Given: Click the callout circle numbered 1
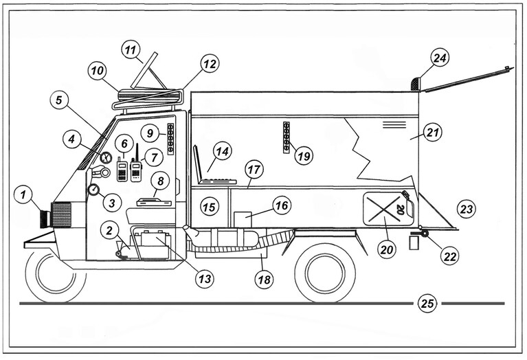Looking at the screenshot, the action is [23, 194].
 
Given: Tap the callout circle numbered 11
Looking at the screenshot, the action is [131, 49].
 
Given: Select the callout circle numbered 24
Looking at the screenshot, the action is [440, 58].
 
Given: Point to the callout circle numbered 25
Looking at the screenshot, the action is [427, 304].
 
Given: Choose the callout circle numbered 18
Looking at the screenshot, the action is [264, 280].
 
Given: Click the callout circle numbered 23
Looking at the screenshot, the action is [467, 209].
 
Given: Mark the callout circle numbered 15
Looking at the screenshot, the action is [209, 207].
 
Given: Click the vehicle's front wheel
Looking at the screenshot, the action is [56, 275].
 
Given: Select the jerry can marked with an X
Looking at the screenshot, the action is [389, 207].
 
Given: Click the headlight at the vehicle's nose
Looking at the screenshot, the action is [45, 218].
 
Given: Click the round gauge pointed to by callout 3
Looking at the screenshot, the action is [93, 190].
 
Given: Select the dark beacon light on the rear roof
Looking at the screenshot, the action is [416, 84].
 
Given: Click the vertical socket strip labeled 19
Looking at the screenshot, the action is [287, 137].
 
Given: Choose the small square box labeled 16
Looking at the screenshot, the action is [243, 219].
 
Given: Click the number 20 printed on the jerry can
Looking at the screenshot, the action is [401, 210].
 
